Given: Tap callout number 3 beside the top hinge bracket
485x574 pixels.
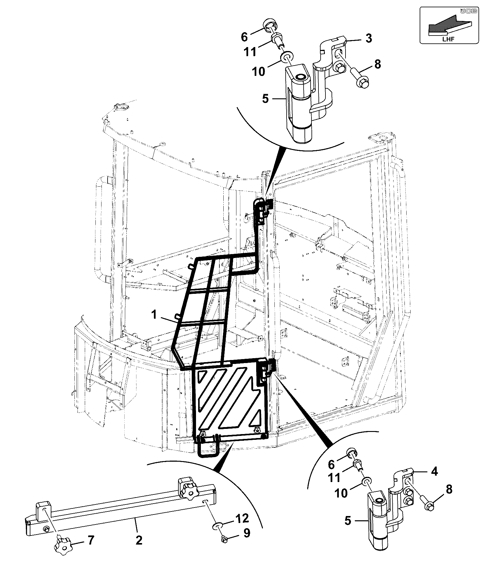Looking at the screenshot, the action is [369, 39].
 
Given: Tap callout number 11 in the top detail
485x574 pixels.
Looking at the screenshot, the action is [250, 52].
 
